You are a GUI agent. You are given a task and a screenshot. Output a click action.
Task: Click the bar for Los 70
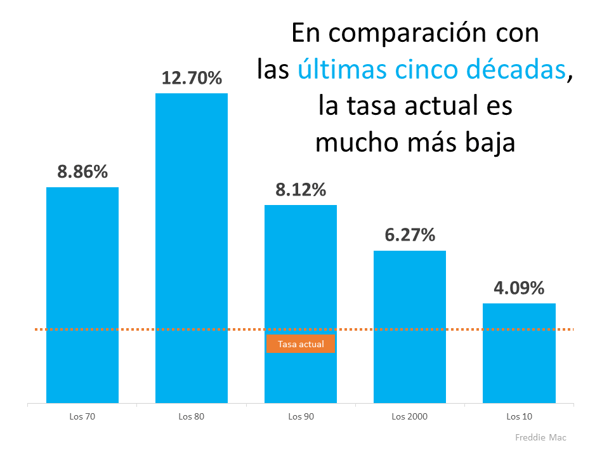(82, 295)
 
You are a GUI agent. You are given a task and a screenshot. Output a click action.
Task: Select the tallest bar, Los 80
(192, 248)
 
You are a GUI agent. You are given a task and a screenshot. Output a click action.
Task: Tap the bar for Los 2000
(410, 327)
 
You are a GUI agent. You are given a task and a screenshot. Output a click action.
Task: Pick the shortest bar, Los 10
(519, 353)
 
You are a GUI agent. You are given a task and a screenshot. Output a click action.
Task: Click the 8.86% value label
(82, 172)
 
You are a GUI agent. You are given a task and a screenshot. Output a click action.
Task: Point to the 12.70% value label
(192, 78)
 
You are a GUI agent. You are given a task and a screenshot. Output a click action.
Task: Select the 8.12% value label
(301, 190)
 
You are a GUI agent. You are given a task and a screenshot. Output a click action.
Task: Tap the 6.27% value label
(410, 235)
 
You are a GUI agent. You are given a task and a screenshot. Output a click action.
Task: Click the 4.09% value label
(519, 288)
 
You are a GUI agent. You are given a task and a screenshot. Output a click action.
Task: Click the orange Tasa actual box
(301, 344)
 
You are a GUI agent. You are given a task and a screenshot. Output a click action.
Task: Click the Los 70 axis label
(82, 417)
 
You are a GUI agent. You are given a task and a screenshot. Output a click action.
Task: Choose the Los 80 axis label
(192, 417)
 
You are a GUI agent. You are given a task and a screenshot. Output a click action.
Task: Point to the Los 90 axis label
(301, 417)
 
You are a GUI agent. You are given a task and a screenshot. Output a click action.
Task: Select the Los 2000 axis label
(410, 417)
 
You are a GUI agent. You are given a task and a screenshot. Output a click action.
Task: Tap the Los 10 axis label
(519, 417)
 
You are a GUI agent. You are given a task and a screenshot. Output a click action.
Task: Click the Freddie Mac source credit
(540, 437)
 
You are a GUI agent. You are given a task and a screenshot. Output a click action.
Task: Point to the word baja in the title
(487, 143)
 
